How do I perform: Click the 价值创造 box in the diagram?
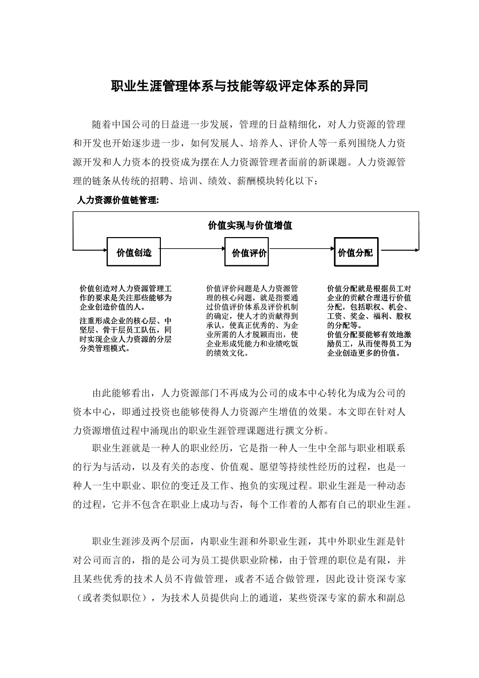tap(134, 252)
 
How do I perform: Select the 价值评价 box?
tap(247, 252)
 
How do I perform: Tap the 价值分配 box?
tap(356, 252)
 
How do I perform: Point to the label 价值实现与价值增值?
tap(250, 225)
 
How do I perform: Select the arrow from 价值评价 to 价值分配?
tap(302, 248)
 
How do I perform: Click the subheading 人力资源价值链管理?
tap(117, 200)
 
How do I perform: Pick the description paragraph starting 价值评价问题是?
tap(252, 321)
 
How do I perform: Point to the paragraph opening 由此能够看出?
tap(121, 393)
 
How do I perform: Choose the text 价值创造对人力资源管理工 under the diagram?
tap(126, 289)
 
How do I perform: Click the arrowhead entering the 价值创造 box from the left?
tap(103, 248)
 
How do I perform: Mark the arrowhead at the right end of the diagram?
tap(417, 248)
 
